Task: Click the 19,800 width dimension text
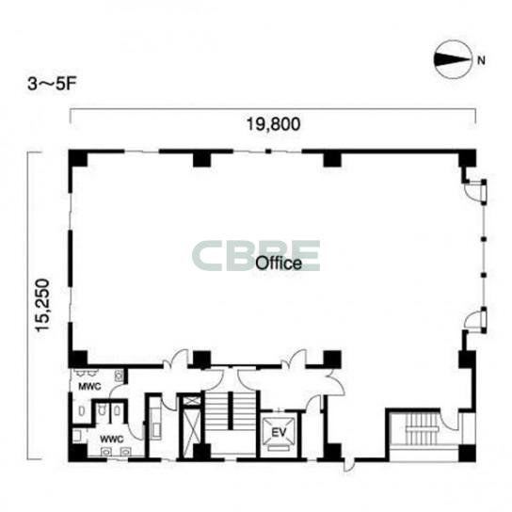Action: click(273, 124)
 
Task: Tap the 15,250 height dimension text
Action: click(42, 305)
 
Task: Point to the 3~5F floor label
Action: click(52, 85)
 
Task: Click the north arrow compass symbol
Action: click(453, 59)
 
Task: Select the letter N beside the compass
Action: click(481, 60)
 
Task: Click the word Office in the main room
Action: click(279, 264)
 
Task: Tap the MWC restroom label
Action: click(89, 387)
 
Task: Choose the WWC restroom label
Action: click(112, 439)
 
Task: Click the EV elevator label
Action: click(279, 433)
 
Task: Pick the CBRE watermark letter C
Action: click(209, 256)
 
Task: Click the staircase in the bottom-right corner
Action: click(422, 428)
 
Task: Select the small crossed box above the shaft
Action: click(190, 401)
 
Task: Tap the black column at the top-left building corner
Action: click(78, 158)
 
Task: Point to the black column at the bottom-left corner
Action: click(78, 453)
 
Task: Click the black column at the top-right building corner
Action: click(467, 158)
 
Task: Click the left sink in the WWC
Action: click(106, 451)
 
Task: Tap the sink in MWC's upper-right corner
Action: click(119, 376)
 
